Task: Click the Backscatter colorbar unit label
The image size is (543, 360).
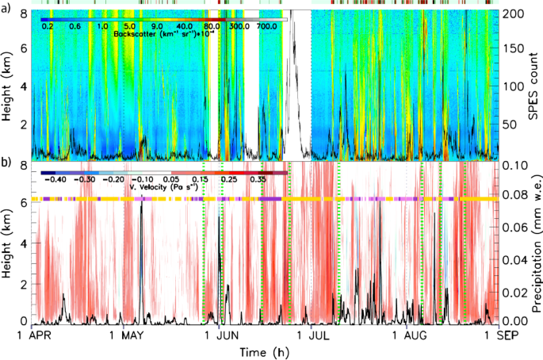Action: [162, 36]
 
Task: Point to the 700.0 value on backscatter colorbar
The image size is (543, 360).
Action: [266, 27]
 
